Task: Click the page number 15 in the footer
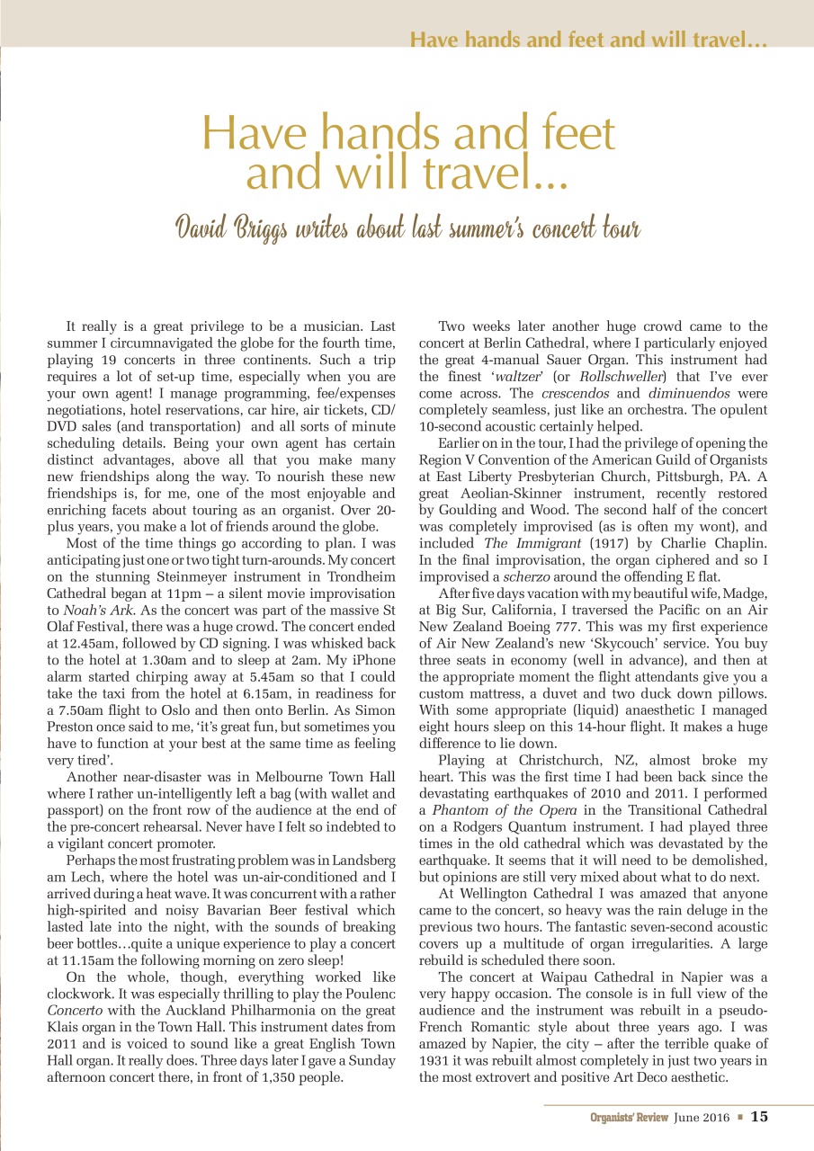pos(759,1117)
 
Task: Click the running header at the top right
pos(587,40)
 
